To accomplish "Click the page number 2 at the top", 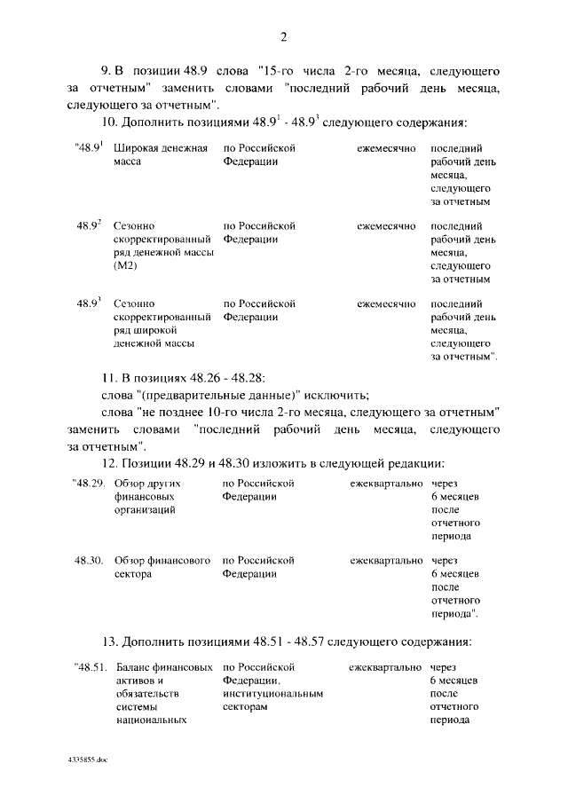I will [x=284, y=36].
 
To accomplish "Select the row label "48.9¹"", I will [x=90, y=148].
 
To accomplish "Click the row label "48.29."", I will [x=89, y=484].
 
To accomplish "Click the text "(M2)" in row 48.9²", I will [x=125, y=266].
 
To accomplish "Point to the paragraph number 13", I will [x=110, y=641].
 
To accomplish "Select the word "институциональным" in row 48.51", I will [x=272, y=694].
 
